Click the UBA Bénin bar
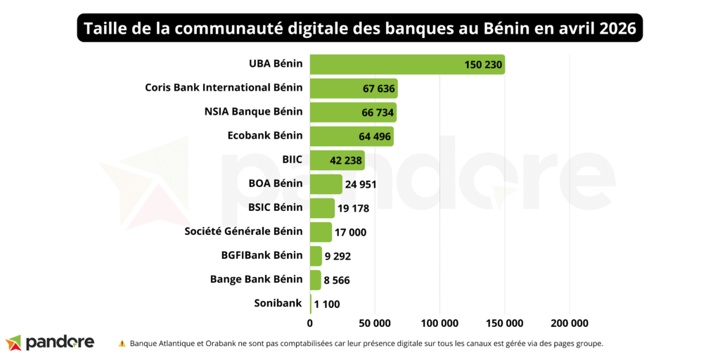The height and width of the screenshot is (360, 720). [407, 65]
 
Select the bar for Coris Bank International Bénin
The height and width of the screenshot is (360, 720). [354, 89]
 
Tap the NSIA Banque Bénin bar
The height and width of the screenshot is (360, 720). [353, 112]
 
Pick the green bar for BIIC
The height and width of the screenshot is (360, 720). [337, 160]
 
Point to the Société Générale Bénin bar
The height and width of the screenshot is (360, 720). [321, 232]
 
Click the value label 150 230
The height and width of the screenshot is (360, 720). [483, 65]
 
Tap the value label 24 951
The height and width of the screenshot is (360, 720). [361, 184]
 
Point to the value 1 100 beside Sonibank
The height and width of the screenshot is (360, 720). [327, 304]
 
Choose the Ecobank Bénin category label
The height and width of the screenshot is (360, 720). [265, 136]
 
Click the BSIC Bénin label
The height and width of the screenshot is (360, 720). [276, 207]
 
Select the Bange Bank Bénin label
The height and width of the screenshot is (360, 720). [256, 279]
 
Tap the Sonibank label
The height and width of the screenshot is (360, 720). [278, 303]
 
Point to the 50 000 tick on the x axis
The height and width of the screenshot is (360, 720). [375, 323]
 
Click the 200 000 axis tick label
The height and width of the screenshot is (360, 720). [569, 323]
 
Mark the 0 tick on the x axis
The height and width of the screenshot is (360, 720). [310, 323]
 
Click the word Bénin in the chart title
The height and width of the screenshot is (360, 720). [508, 28]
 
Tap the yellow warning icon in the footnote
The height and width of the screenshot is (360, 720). [122, 343]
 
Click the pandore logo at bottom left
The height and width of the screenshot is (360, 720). [50, 342]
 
